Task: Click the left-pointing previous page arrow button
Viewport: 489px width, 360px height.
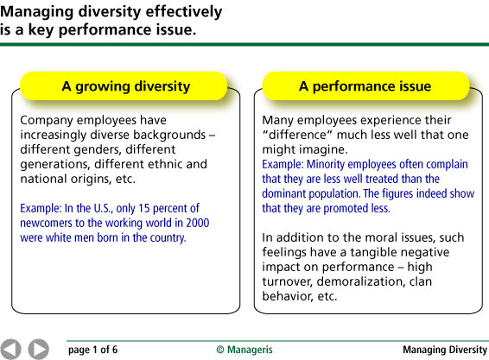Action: click(10, 349)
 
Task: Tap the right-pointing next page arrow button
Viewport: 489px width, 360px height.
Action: click(39, 349)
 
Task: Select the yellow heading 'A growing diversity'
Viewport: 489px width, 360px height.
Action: click(125, 86)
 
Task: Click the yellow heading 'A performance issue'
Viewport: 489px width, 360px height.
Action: click(365, 86)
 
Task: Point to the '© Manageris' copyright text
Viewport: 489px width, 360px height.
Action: click(244, 350)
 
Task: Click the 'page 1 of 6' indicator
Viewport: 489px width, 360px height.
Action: click(93, 350)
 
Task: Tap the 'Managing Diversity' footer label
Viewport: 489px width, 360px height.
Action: click(445, 350)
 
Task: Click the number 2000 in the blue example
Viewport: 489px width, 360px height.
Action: click(197, 223)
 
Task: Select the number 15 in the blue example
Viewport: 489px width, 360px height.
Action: click(144, 208)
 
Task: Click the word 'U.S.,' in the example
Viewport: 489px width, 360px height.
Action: click(103, 208)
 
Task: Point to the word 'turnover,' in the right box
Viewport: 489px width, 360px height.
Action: click(287, 281)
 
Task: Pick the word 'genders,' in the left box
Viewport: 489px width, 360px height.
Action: click(98, 149)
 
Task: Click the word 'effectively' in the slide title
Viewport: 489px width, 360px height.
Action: click(184, 12)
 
